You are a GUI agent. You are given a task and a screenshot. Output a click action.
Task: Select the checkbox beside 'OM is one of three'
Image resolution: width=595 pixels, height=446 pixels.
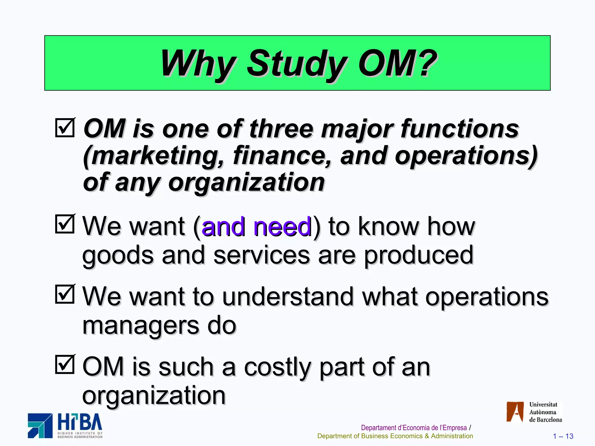coord(65,127)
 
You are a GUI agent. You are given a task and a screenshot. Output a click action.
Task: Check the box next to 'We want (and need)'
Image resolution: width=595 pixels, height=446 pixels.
coord(65,224)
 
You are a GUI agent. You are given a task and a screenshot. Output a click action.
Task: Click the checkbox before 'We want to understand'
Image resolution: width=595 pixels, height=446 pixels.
coord(65,294)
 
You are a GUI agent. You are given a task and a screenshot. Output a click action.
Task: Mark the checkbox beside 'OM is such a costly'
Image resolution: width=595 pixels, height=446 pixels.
coord(65,364)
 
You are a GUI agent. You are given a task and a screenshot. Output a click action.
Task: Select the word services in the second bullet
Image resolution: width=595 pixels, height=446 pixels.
coord(261,255)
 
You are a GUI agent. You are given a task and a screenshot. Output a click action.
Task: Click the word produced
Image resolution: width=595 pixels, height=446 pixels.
coord(418,255)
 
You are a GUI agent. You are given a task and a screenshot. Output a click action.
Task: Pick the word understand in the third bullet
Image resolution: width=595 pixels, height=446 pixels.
coord(288,296)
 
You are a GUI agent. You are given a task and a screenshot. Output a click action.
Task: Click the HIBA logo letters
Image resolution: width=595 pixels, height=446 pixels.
coord(80,422)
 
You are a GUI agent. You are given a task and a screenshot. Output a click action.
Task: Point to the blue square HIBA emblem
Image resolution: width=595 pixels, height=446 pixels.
coord(40,425)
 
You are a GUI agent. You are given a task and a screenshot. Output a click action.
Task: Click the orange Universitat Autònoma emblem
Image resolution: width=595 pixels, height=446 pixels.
coord(515,411)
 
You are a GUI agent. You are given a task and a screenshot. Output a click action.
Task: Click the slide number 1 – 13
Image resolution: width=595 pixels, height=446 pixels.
coord(563,436)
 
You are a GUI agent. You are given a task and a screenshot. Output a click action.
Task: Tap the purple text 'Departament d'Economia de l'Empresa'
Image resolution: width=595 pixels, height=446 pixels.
coord(414,428)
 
